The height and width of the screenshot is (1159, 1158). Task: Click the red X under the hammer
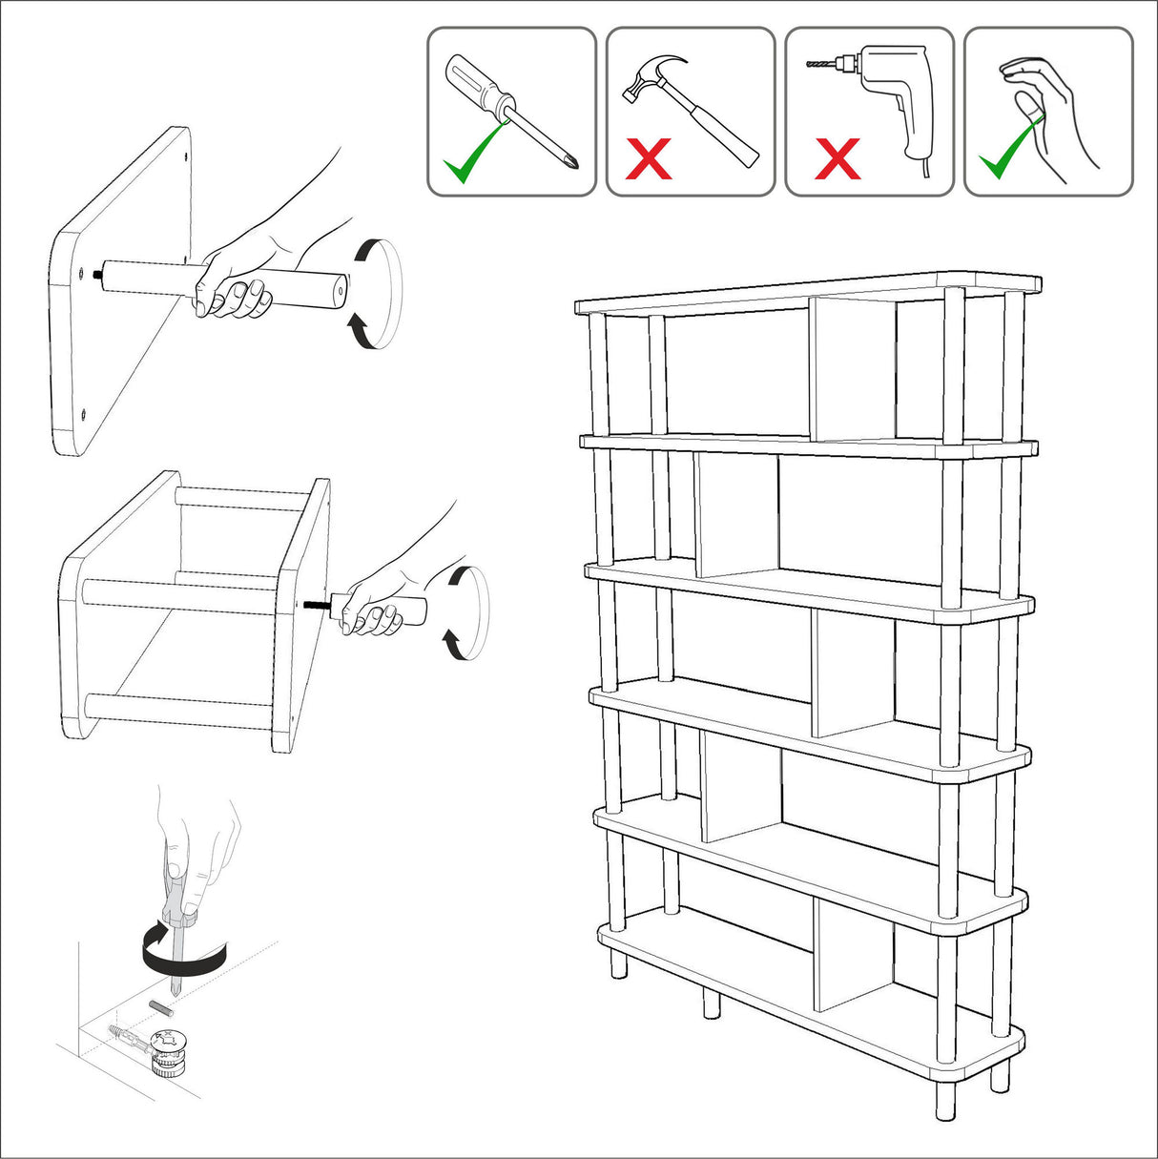pos(649,159)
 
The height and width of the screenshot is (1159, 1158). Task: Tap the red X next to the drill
pos(838,159)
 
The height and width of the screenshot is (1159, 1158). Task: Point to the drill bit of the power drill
pos(820,64)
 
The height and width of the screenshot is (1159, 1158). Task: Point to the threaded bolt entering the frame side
pos(318,603)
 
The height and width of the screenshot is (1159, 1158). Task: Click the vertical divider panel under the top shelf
pos(853,368)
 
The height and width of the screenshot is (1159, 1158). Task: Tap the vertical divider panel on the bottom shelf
pos(853,954)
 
